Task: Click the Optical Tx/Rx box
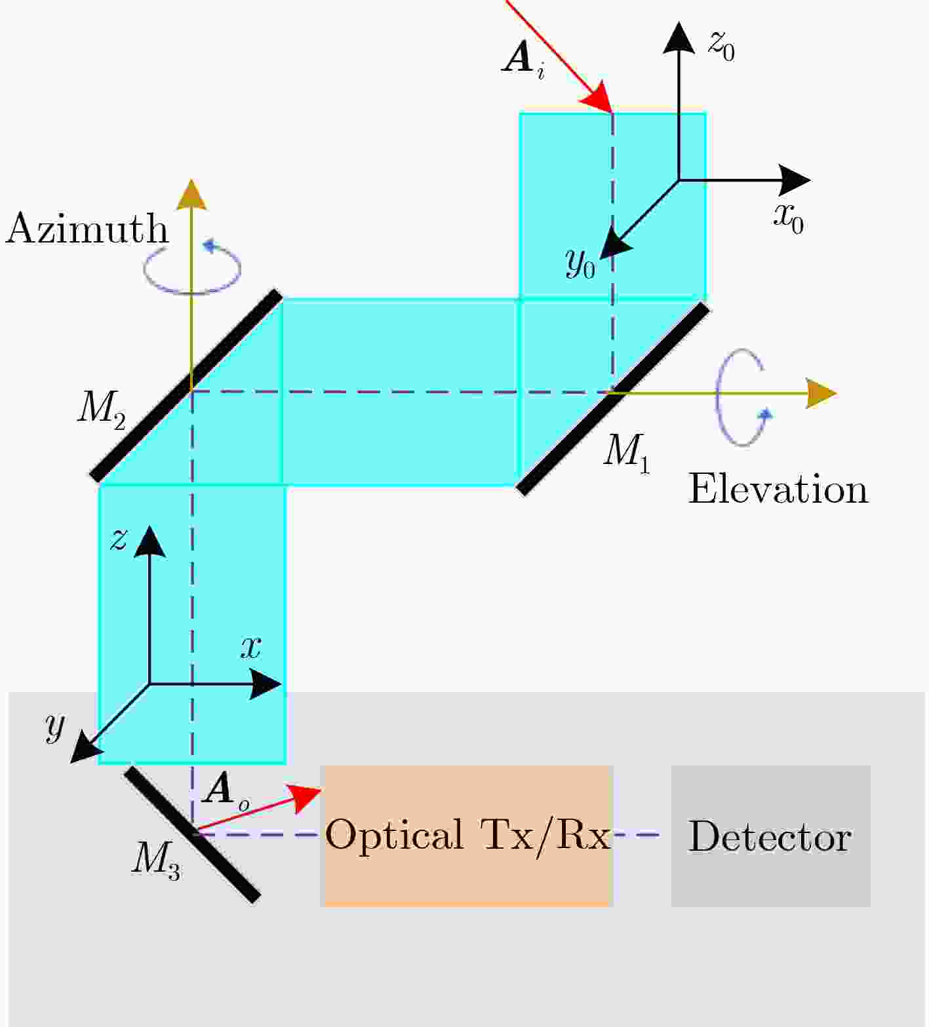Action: pyautogui.click(x=466, y=836)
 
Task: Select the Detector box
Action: pyautogui.click(x=770, y=836)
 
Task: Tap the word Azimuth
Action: pyautogui.click(x=87, y=229)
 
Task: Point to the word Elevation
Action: pyautogui.click(x=778, y=489)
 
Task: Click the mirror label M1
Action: pyautogui.click(x=626, y=452)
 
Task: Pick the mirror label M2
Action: pyautogui.click(x=101, y=410)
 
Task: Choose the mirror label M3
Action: pyautogui.click(x=155, y=859)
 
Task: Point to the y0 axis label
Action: pyautogui.click(x=580, y=263)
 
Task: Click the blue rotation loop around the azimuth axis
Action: pyautogui.click(x=192, y=269)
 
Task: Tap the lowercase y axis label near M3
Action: pyautogui.click(x=55, y=727)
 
